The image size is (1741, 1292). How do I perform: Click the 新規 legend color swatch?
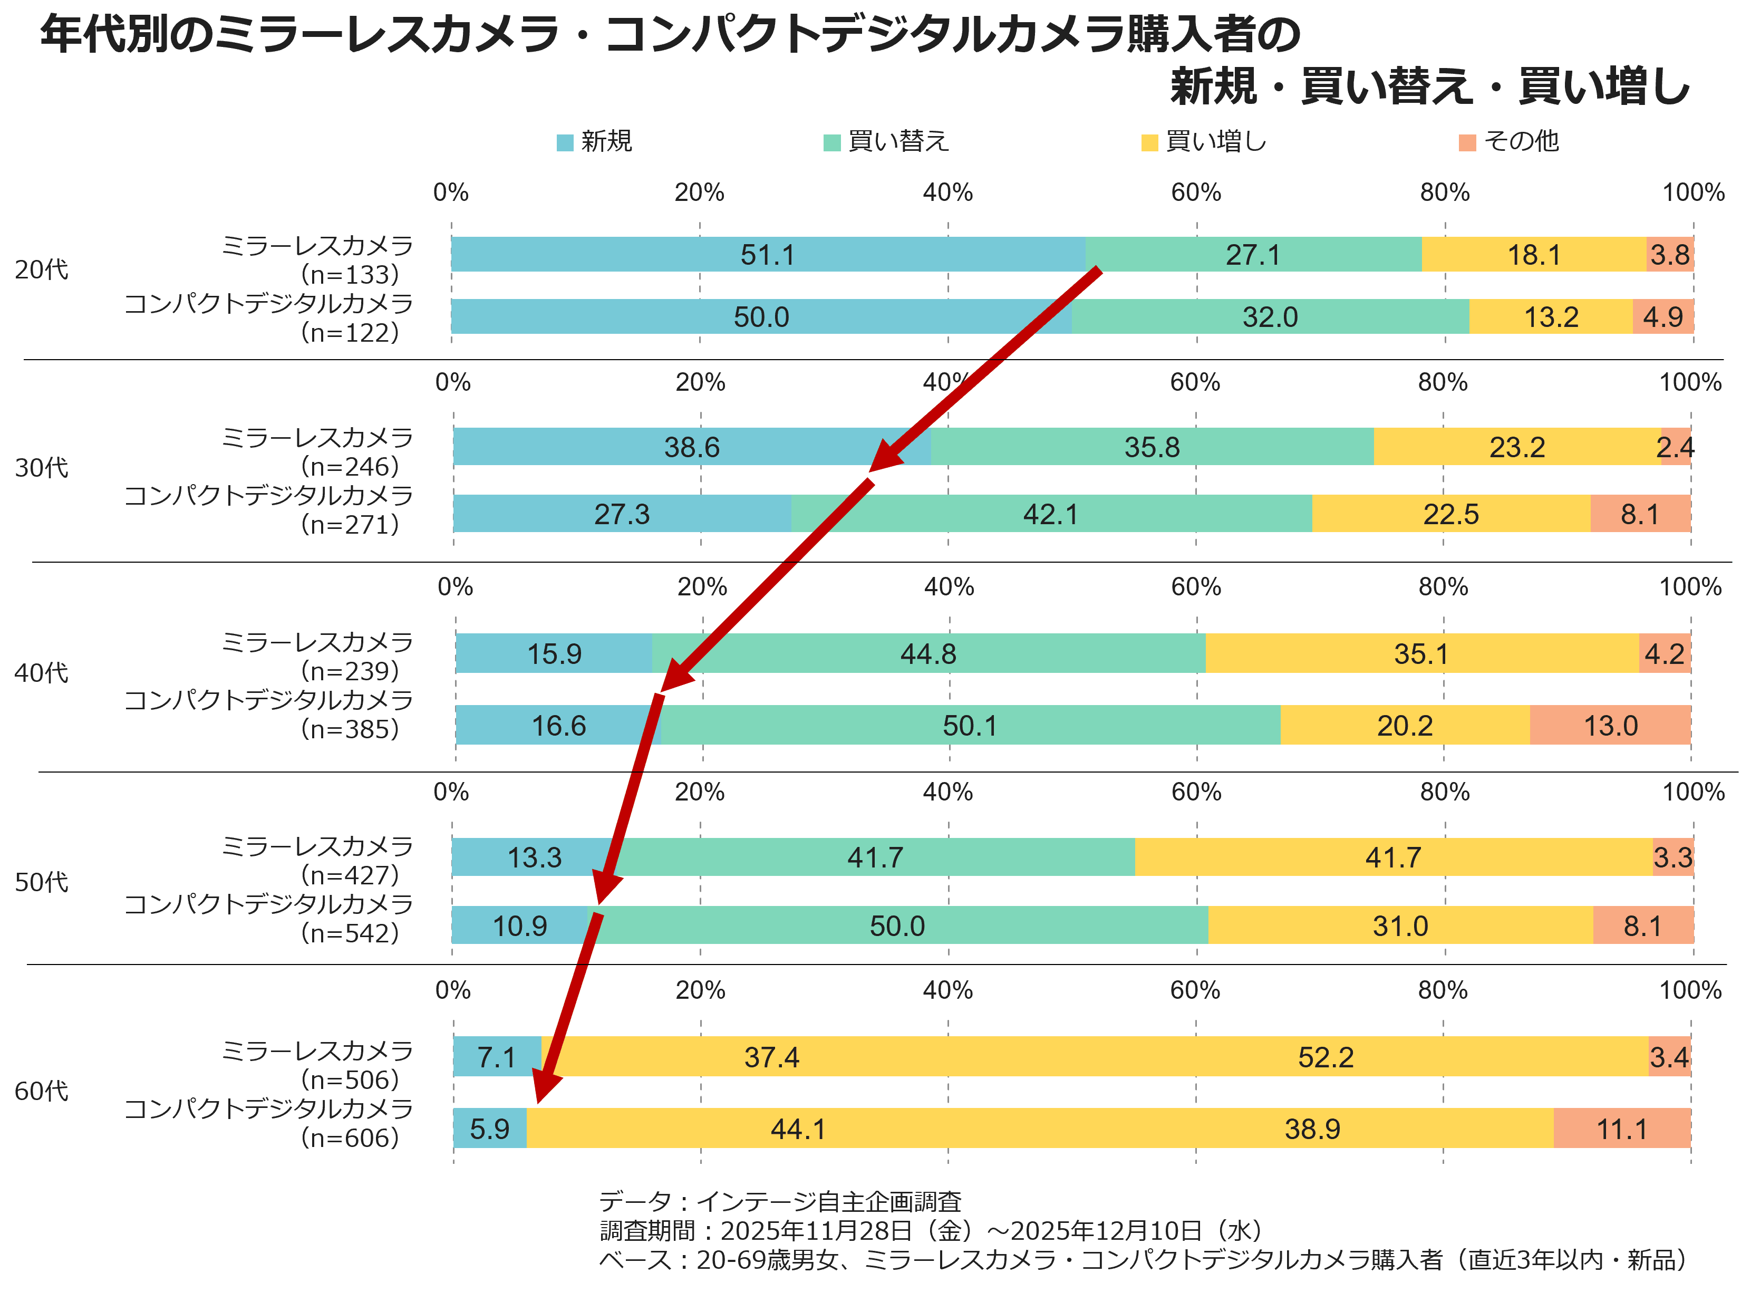click(x=565, y=143)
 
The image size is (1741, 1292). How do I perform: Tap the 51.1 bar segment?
click(x=768, y=254)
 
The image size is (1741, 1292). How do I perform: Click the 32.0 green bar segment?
click(x=1270, y=317)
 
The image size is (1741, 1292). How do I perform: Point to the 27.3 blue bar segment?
click(x=622, y=514)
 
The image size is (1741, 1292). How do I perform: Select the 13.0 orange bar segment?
click(x=1610, y=725)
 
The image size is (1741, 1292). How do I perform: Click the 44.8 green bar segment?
click(x=928, y=653)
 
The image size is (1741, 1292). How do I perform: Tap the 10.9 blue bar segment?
click(x=519, y=925)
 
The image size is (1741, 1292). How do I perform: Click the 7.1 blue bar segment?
click(x=497, y=1057)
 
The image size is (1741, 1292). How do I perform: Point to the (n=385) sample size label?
click(x=350, y=729)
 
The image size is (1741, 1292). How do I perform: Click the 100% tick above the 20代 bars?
click(x=1692, y=192)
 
